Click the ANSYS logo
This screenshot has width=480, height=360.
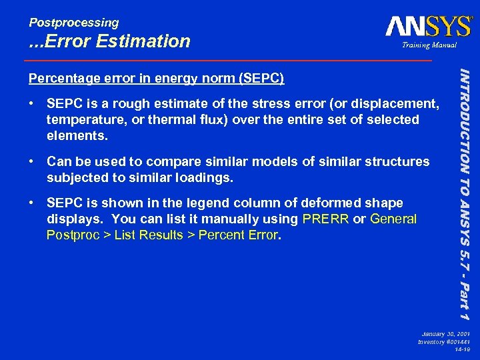tap(428, 26)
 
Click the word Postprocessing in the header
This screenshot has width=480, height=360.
tap(73, 23)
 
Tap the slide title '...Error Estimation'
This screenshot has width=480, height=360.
tap(109, 41)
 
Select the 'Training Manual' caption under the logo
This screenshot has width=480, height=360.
tap(428, 45)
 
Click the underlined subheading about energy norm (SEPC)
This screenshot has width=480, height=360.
tap(156, 79)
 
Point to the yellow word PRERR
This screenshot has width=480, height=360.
tap(325, 219)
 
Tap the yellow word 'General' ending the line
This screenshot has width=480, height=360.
tap(393, 219)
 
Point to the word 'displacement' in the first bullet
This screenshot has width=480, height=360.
tap(399, 103)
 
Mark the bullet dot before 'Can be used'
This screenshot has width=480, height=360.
tap(32, 161)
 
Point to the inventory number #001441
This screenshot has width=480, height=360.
tap(456, 341)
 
